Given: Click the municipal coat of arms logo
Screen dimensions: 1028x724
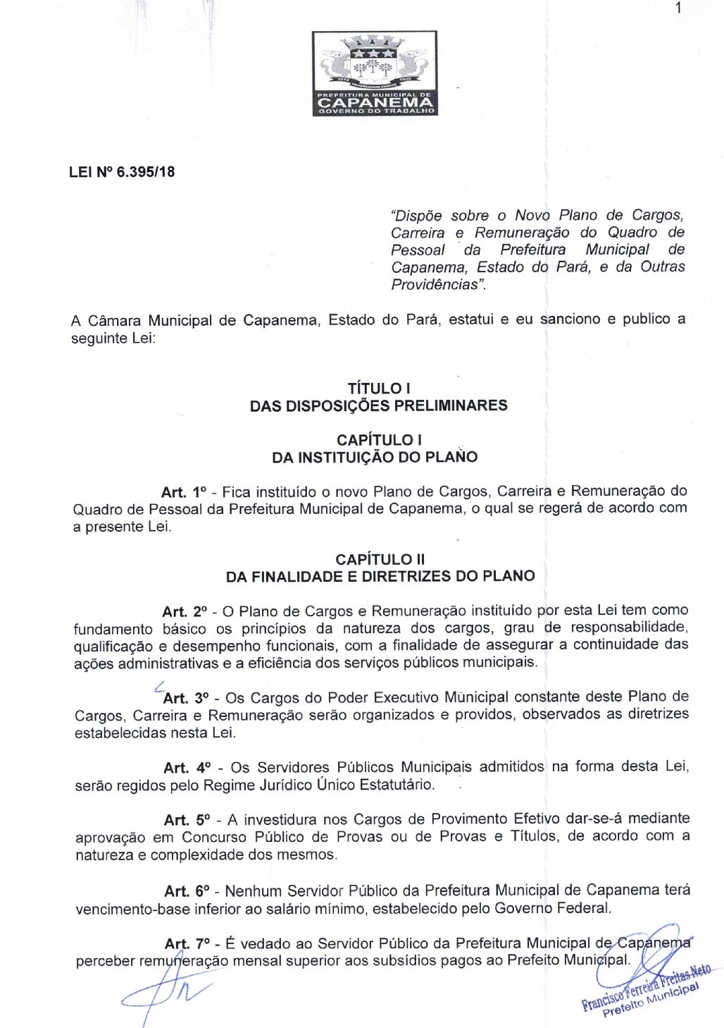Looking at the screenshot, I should [375, 73].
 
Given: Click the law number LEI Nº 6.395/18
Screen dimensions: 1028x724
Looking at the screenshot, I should [122, 171].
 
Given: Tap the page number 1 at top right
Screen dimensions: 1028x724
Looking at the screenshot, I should [677, 8].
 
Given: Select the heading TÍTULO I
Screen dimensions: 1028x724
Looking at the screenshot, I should [379, 388].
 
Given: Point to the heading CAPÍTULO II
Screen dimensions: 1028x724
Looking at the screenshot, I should [380, 559].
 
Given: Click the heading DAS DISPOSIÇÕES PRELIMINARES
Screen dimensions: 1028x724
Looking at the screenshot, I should [379, 405].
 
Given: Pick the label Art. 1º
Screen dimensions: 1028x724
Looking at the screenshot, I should [183, 491].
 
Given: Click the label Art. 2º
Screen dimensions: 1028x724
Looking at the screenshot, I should [185, 611].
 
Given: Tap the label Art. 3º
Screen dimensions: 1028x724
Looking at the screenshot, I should [186, 698].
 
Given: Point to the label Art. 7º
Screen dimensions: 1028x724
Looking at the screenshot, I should [187, 943].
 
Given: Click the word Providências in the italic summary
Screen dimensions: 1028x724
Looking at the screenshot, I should [435, 284].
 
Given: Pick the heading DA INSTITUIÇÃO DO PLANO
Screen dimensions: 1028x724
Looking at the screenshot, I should [375, 457].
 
